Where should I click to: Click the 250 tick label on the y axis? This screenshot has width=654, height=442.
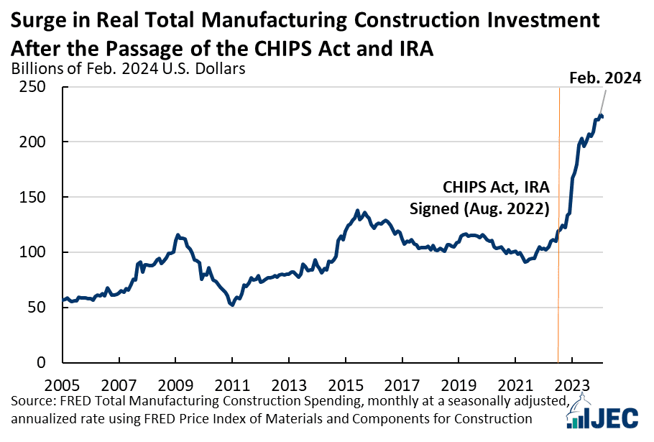[32, 87]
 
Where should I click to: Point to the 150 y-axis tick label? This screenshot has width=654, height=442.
[32, 197]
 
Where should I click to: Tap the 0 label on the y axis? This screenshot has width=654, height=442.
[41, 362]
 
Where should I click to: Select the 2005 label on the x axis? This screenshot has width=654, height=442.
[62, 385]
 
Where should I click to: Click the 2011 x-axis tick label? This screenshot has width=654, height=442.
[232, 385]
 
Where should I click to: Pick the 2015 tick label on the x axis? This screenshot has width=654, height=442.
[346, 385]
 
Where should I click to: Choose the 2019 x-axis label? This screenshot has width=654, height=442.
[459, 385]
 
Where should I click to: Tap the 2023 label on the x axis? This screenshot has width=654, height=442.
[572, 385]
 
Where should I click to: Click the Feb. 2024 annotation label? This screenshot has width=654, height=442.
[605, 78]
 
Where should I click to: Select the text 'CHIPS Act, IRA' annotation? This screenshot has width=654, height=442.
[496, 188]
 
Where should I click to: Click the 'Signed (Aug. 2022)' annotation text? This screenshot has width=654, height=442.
[479, 208]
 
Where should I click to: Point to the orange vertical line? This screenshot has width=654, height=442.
[558, 225]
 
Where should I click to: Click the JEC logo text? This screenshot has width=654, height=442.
[614, 418]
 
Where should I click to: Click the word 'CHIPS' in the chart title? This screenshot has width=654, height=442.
[283, 49]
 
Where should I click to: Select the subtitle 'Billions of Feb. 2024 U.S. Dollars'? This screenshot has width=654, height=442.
[128, 68]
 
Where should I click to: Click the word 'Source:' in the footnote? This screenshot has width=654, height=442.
[33, 401]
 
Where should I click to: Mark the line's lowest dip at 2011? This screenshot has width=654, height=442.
[232, 305]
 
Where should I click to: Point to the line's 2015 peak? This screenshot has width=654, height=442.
[357, 211]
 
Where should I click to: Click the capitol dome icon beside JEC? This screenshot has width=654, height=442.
[578, 413]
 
